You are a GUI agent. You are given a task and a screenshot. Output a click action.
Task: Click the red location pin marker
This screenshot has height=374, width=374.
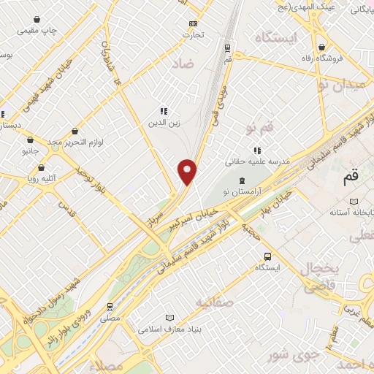(x=188, y=172)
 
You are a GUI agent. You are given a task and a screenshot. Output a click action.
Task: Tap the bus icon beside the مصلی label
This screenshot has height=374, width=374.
(x=110, y=306)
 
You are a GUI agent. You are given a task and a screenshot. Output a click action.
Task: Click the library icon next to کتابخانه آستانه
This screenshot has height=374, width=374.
(x=354, y=201)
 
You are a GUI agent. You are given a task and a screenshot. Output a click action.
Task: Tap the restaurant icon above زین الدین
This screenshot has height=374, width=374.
(x=164, y=112)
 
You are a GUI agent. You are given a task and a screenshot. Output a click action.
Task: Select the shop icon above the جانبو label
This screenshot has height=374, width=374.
(x=29, y=140)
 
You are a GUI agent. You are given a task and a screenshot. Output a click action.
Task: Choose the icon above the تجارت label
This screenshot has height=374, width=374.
(x=192, y=23)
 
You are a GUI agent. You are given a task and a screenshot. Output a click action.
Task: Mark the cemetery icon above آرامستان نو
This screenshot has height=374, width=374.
(x=241, y=180)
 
